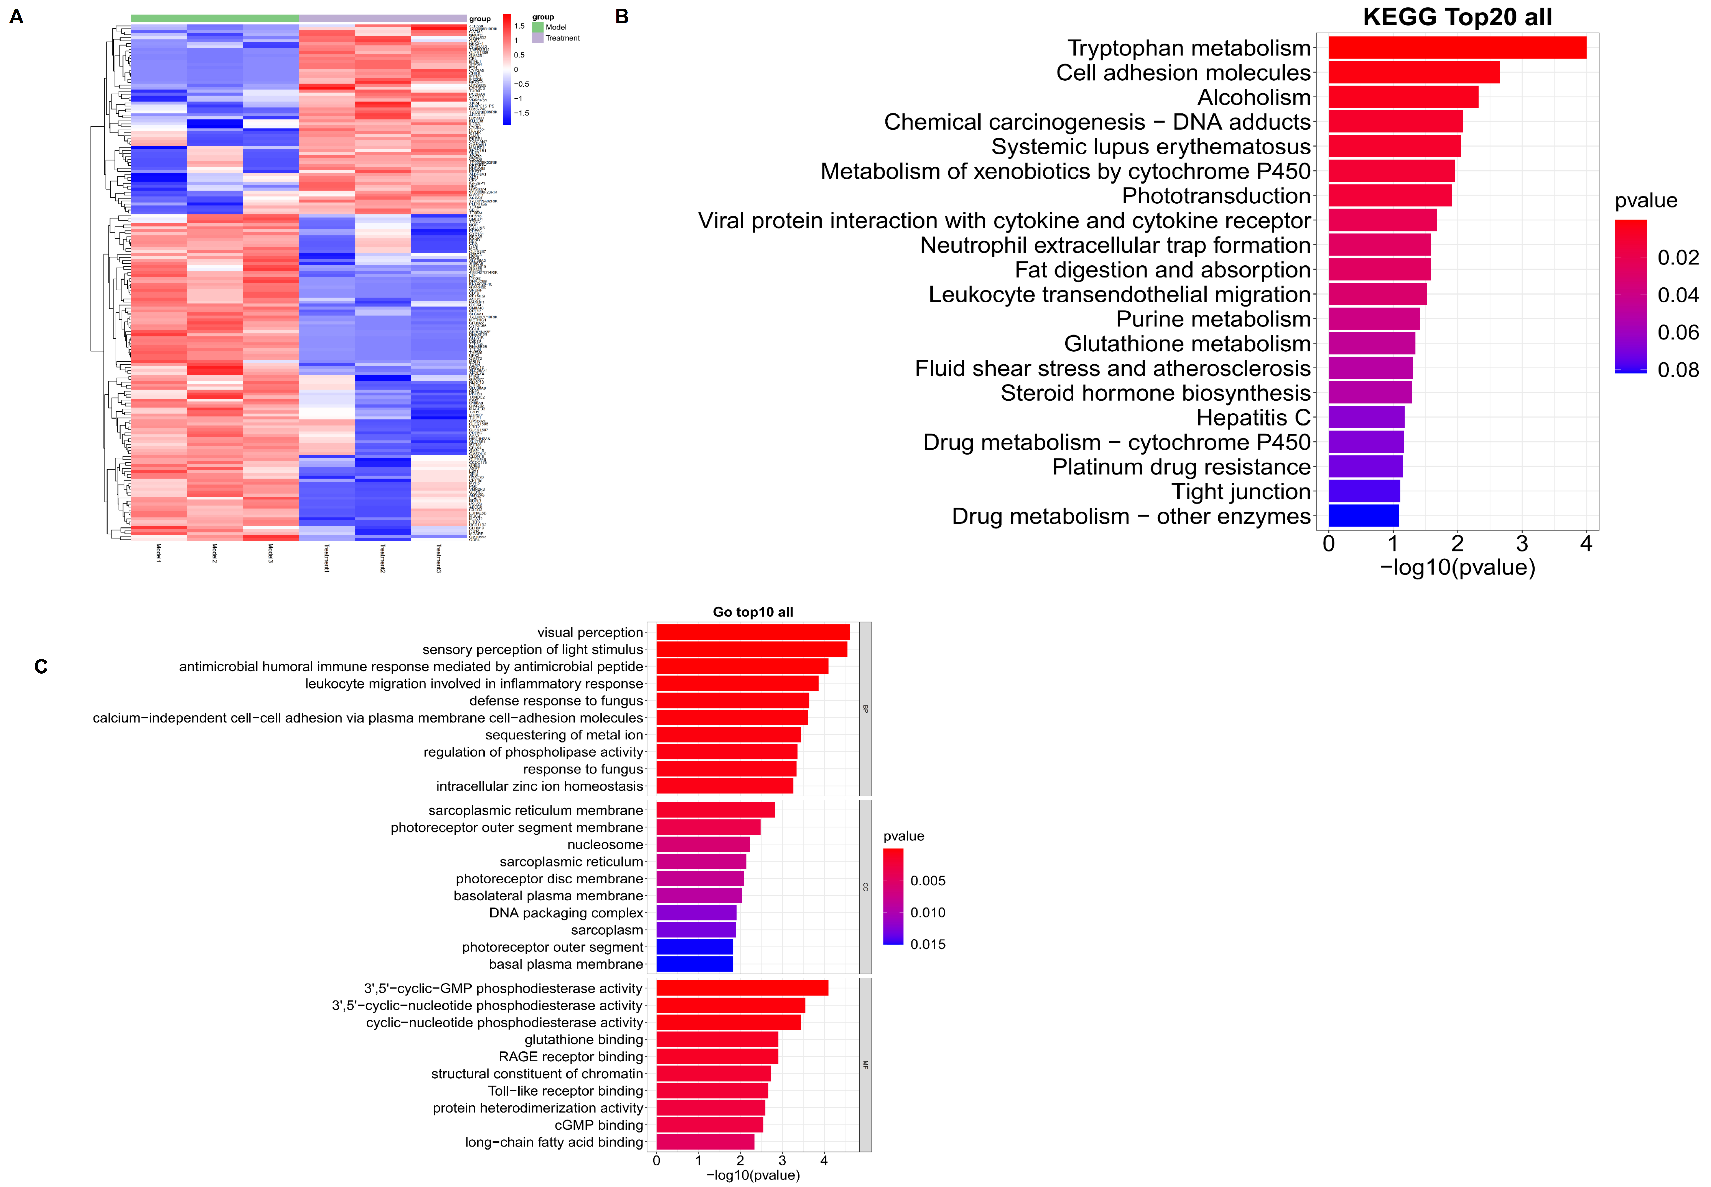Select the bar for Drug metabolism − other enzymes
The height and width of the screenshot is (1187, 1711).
pyautogui.click(x=1363, y=515)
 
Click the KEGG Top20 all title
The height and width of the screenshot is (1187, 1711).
pyautogui.click(x=1457, y=17)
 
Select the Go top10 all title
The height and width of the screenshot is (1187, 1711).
pyautogui.click(x=753, y=612)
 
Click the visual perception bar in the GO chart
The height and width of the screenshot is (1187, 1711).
pyautogui.click(x=752, y=632)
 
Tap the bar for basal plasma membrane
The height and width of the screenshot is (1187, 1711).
pyautogui.click(x=694, y=964)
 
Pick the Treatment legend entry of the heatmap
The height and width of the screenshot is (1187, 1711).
pyautogui.click(x=562, y=38)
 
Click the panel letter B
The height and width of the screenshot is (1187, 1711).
pyautogui.click(x=622, y=16)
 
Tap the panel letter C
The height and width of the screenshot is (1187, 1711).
pyautogui.click(x=41, y=666)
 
